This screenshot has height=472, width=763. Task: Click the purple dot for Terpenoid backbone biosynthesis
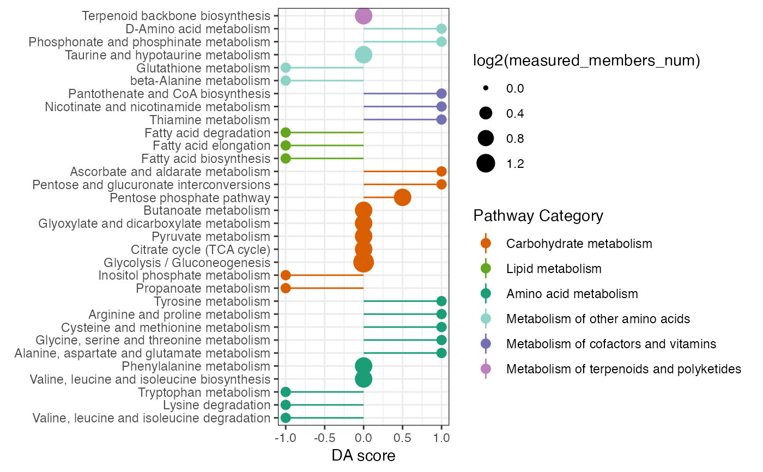pos(364,16)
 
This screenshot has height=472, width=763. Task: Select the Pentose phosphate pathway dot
pos(402,197)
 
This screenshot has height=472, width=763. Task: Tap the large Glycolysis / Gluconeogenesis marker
pos(364,262)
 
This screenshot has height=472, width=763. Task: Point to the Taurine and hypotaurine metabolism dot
pos(364,55)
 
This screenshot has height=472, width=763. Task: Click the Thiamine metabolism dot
pos(441,119)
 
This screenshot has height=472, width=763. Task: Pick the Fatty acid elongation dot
pos(286,146)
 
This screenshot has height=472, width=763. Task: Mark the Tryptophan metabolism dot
pos(286,392)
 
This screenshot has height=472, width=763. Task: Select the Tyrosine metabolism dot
pos(441,301)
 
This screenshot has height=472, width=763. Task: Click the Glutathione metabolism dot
pos(286,68)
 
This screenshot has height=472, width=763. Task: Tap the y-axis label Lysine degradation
pos(216,405)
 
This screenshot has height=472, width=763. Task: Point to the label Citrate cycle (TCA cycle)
pos(201,250)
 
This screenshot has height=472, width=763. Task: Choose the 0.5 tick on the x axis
pos(402,438)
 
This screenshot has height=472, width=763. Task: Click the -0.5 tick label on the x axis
pos(324,438)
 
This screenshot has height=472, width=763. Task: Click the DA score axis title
pos(364,456)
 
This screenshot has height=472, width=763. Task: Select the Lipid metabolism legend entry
pos(554,269)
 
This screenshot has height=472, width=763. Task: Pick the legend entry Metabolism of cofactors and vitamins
pos(610,344)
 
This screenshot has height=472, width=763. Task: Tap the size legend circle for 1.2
pos(486,164)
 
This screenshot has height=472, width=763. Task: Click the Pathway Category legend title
pos(538,216)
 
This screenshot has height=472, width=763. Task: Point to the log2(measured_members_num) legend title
pos(586,62)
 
